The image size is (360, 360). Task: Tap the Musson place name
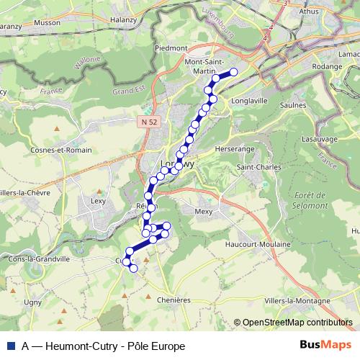[x=68, y=22]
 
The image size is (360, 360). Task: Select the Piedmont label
[x=170, y=48]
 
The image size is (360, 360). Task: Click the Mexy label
[x=204, y=211]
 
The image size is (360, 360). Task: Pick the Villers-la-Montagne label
[x=298, y=300]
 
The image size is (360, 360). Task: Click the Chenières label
[x=173, y=300]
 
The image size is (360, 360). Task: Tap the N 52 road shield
[x=148, y=123]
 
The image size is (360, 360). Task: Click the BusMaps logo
[x=325, y=345]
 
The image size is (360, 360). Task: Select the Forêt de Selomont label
[x=311, y=201]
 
